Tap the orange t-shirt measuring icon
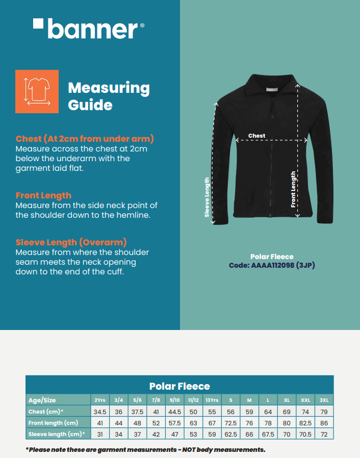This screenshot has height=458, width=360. [37, 91]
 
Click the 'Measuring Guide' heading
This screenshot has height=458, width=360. [109, 96]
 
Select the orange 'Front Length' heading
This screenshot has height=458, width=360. [43, 195]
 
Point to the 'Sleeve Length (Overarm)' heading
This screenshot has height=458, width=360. [71, 242]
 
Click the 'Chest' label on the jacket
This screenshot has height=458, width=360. [256, 136]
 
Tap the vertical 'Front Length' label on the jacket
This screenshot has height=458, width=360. [293, 189]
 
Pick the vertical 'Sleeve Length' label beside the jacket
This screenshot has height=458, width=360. [207, 197]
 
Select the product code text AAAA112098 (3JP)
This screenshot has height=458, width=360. [268, 265]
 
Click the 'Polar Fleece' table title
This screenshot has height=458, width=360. [179, 386]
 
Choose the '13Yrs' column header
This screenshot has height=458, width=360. [212, 400]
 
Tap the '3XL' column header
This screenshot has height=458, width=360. [324, 400]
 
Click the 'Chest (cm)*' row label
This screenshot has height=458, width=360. [46, 412]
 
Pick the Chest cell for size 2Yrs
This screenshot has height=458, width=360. [99, 412]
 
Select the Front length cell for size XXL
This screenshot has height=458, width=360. [305, 423]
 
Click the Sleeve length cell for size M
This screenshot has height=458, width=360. [249, 434]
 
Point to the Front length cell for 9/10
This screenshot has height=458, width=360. [175, 423]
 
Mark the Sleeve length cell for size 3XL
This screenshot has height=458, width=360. [324, 434]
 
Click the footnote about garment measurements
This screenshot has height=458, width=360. [145, 449]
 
